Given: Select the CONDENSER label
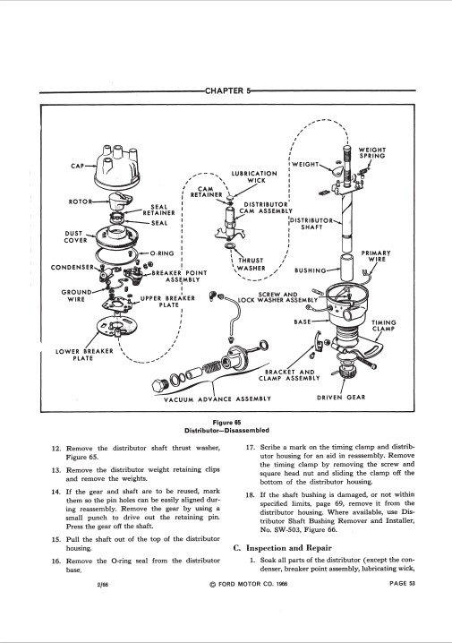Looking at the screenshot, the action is click(x=72, y=268).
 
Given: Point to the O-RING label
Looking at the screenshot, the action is click(x=162, y=253).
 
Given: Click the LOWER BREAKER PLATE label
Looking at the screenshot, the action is click(x=84, y=355).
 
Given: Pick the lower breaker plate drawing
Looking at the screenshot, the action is click(x=117, y=326).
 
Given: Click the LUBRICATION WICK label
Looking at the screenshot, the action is click(x=254, y=176).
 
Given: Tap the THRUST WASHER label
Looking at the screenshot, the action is click(x=252, y=264).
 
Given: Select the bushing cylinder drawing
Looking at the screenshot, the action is click(x=346, y=267).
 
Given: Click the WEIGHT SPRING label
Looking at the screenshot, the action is click(x=372, y=153).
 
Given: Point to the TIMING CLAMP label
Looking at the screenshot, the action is click(x=384, y=326).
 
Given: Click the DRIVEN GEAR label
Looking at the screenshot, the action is click(x=341, y=397).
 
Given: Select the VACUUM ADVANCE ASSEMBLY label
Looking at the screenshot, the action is click(x=217, y=399).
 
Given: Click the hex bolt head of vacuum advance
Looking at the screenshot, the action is click(x=160, y=385).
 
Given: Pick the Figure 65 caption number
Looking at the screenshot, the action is click(x=227, y=423).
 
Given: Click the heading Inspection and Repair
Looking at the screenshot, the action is click(x=288, y=548).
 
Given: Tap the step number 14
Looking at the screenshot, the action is click(x=56, y=492).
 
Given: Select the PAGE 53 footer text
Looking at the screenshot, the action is click(x=402, y=584).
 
